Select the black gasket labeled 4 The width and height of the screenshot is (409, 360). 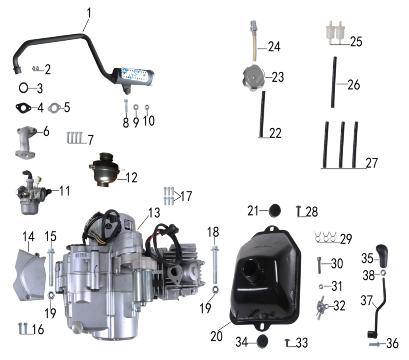(x=24, y=107)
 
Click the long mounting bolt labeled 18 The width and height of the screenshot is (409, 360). (x=215, y=263)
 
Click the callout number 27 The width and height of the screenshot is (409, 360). (x=372, y=163)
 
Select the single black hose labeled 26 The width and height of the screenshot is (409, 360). (x=333, y=82)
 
